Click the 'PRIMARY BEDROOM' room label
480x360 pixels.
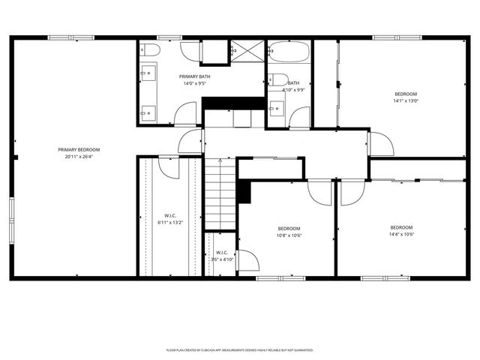(x=79, y=149)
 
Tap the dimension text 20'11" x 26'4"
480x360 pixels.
(x=79, y=157)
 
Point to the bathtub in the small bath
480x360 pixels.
(x=289, y=52)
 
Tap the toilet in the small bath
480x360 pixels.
(x=277, y=79)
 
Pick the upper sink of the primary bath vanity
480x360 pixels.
(x=148, y=73)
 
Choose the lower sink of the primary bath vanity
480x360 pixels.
(x=148, y=112)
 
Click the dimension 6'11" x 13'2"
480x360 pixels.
(x=169, y=222)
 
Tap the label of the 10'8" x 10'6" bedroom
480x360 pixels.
(x=289, y=228)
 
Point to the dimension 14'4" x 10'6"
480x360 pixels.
(x=401, y=235)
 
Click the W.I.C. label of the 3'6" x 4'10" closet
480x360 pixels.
(x=222, y=252)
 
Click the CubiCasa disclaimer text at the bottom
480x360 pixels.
(x=239, y=349)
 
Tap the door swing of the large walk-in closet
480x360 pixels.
(x=169, y=166)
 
